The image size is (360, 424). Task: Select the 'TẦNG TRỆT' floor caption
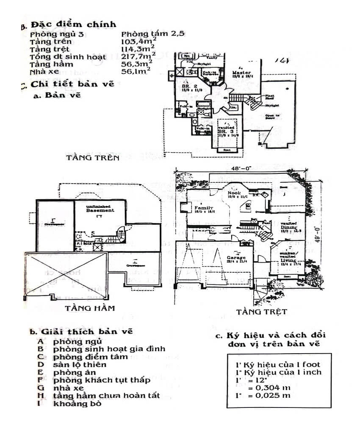tap(261, 312)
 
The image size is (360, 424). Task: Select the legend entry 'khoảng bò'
tap(77, 403)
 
